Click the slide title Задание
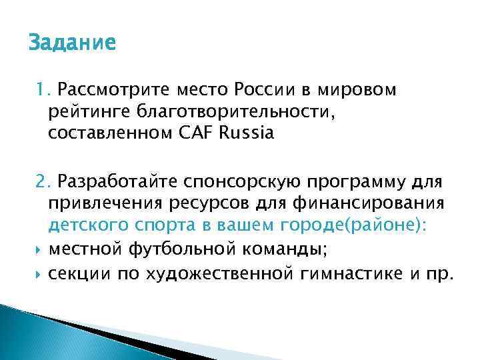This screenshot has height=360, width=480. pyautogui.click(x=72, y=43)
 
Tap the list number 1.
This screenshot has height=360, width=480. pyautogui.click(x=42, y=89)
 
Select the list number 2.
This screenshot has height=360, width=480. pyautogui.click(x=43, y=182)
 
